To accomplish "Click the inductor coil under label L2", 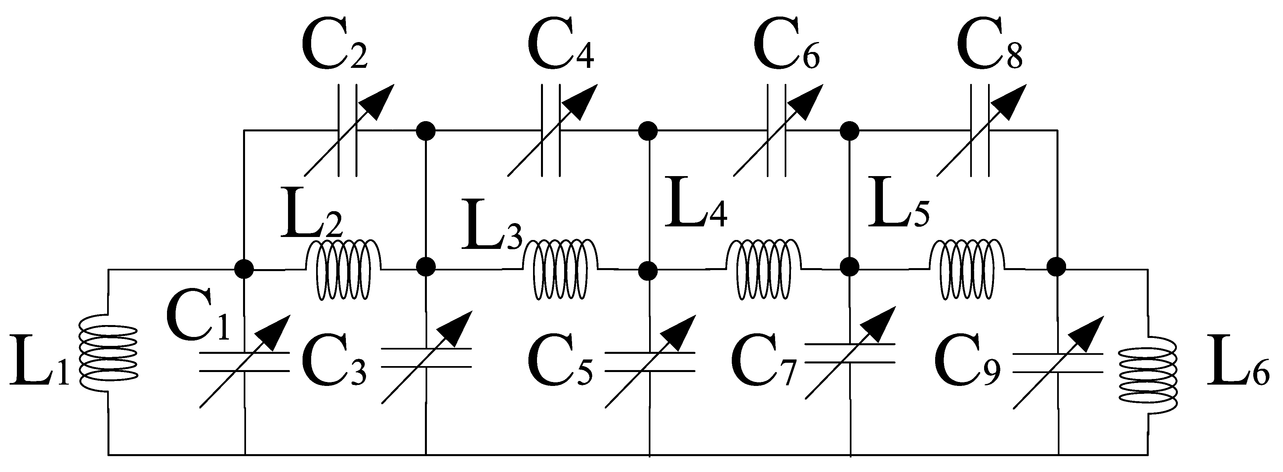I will pyautogui.click(x=344, y=270).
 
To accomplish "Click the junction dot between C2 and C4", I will pyautogui.click(x=426, y=131).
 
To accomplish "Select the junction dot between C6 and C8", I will pyautogui.click(x=849, y=131).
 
